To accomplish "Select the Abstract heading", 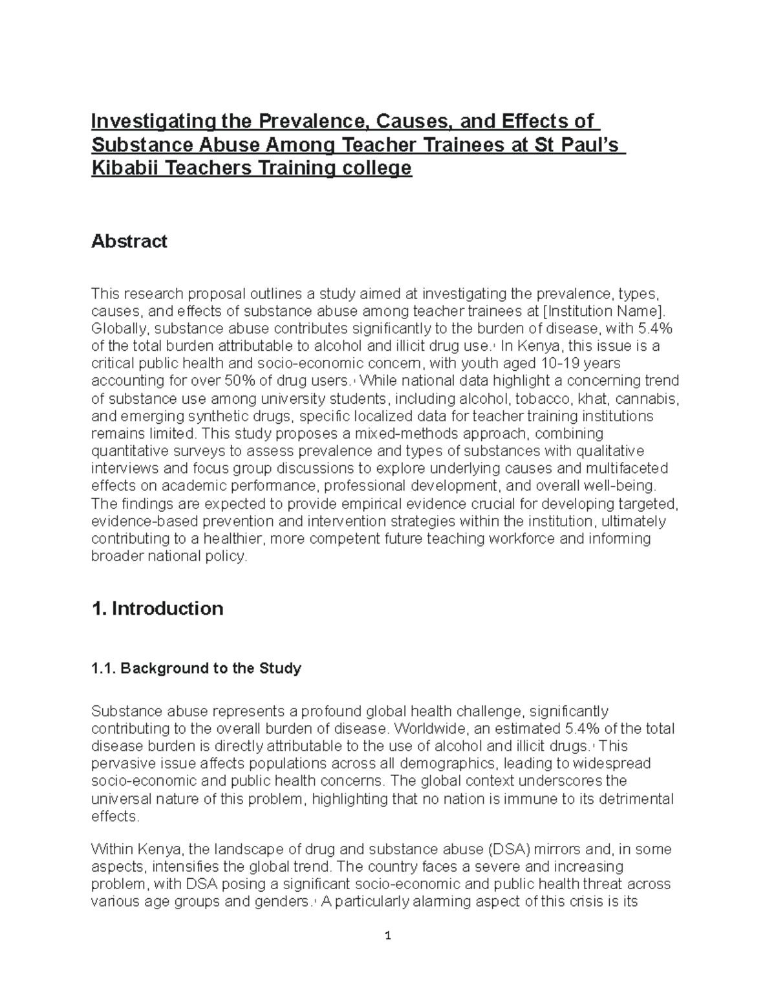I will tap(129, 241).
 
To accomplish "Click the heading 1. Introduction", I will tap(158, 608).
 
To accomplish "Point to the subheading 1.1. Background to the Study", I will tap(197, 668).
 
